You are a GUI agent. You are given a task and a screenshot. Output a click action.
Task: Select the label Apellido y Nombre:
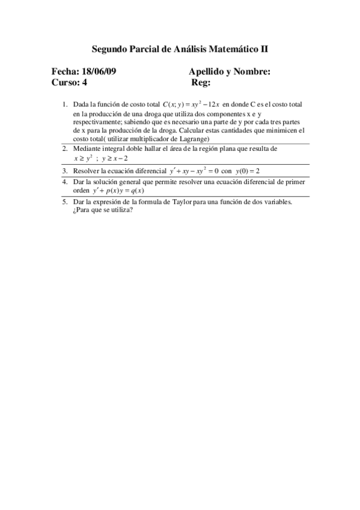(229, 72)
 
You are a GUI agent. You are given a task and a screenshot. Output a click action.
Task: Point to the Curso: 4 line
(69, 82)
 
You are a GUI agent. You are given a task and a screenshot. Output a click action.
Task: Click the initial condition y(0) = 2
(247, 171)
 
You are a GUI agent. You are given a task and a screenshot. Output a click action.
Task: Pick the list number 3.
(64, 171)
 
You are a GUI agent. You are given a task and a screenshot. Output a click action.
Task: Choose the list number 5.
(64, 202)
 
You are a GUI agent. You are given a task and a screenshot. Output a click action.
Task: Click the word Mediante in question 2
(86, 148)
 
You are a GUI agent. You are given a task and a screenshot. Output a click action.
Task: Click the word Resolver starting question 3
(87, 171)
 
